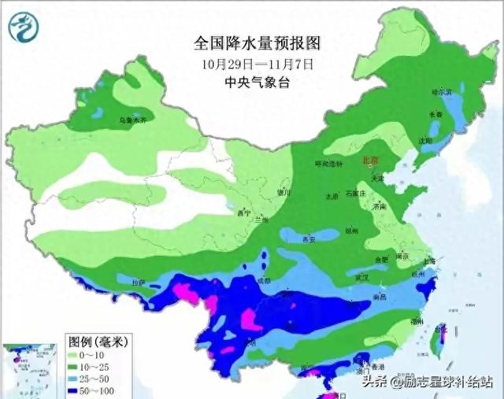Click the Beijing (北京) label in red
(370, 161)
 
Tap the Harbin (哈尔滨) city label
(444, 92)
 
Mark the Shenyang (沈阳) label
(425, 141)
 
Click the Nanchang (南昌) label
(379, 297)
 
